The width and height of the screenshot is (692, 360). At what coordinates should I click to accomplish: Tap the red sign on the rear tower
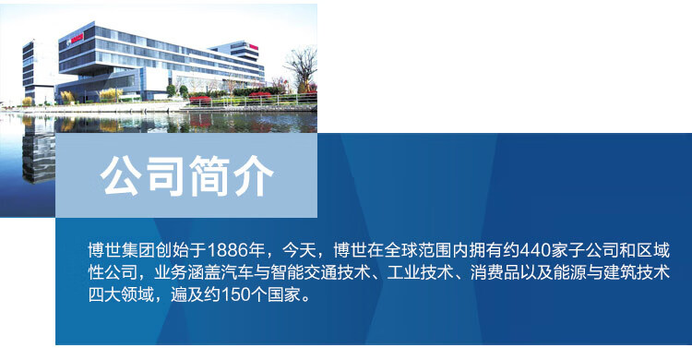pos(254,47)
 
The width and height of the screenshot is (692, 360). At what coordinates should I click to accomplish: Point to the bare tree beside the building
pos(303,68)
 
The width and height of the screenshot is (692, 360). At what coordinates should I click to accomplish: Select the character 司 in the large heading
pos(166,175)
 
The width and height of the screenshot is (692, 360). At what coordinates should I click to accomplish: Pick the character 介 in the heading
pos(254,175)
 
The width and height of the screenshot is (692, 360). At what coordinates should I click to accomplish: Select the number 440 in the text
pos(533,250)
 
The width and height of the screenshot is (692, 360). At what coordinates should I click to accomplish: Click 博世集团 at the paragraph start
pos(122,250)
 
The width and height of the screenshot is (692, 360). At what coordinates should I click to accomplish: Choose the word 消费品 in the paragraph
pos(495,272)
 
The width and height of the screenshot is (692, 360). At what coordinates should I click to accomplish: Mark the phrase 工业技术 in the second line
pos(420,272)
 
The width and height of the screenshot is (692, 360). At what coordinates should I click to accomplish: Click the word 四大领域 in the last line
pos(122,294)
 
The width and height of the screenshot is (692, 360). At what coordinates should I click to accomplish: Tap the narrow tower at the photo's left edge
pos(29,71)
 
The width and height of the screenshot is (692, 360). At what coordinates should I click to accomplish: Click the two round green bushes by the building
pos(177,91)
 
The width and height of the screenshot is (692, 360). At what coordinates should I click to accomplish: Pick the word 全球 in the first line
pos(400,250)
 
